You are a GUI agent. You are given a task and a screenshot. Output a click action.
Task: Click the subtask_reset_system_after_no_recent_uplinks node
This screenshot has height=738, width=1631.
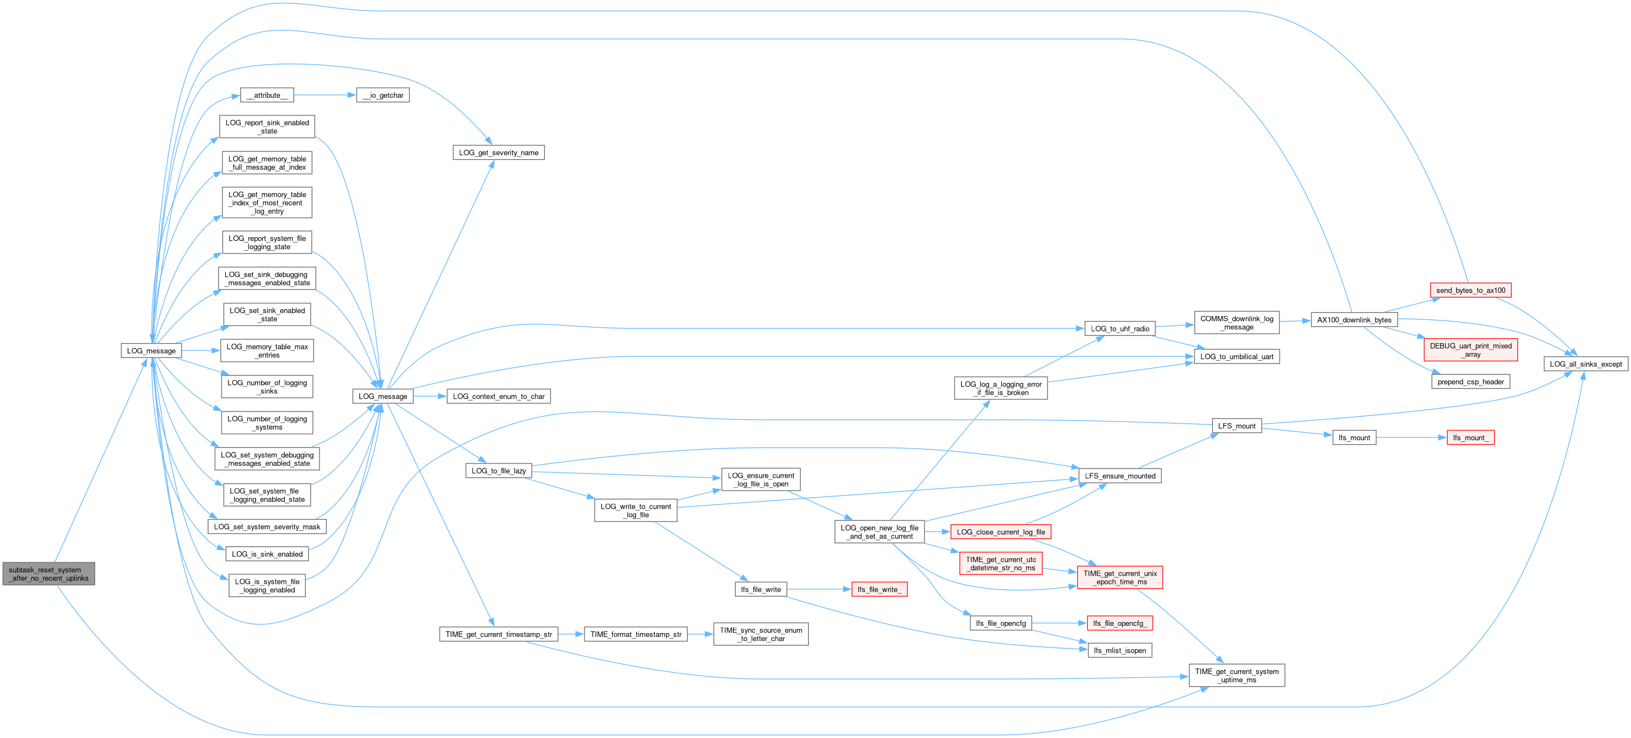click(49, 574)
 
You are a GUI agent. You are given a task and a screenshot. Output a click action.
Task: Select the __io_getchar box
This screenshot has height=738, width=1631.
click(383, 95)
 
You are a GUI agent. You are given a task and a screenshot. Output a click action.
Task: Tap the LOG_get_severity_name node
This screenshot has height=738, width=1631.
click(498, 152)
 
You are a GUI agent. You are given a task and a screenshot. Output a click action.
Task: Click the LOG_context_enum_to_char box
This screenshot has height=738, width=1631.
click(498, 397)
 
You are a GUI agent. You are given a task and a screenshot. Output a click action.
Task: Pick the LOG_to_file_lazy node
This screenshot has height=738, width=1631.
click(498, 471)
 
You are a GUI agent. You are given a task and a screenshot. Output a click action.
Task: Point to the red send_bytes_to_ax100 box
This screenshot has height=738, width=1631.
click(1470, 290)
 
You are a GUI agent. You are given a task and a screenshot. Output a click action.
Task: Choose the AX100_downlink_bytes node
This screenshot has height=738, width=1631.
click(1354, 320)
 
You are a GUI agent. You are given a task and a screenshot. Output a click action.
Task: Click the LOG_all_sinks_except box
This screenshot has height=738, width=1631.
click(1585, 364)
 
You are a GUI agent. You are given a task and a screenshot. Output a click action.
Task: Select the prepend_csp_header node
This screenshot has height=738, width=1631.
click(1470, 382)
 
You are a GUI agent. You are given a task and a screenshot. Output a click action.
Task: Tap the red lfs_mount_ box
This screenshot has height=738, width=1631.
click(1470, 437)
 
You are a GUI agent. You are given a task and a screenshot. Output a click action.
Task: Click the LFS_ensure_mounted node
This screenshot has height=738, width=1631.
click(1119, 476)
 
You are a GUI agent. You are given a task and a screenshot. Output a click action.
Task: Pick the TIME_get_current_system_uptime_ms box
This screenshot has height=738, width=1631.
click(1236, 675)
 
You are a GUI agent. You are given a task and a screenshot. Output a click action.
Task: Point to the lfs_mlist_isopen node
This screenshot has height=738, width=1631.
click(1119, 651)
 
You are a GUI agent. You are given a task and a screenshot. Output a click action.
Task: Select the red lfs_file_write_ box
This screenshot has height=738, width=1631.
click(879, 590)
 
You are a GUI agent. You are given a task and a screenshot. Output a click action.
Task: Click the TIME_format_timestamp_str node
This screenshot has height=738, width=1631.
click(636, 634)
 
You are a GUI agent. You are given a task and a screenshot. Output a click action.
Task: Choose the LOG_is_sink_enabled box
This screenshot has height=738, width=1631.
click(267, 554)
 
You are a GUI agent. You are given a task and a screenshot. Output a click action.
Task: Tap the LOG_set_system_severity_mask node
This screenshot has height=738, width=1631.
click(267, 526)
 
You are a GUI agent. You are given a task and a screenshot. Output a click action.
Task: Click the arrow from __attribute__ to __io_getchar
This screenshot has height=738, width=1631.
click(324, 95)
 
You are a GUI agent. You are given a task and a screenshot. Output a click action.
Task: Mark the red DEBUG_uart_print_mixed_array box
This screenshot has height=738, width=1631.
click(1470, 350)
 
